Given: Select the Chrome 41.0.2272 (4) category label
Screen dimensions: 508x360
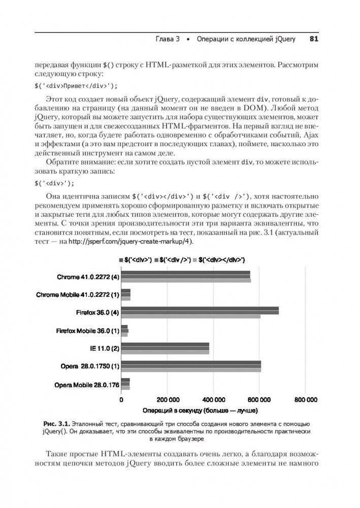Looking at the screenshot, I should click(88, 277).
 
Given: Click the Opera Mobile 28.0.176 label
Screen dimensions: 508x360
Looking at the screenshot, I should click(87, 385).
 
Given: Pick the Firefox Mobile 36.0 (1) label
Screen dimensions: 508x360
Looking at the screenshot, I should click(87, 330).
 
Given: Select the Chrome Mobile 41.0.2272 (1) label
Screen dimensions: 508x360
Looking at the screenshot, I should click(78, 294).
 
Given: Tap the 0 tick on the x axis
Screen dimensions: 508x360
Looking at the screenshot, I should click(121, 399).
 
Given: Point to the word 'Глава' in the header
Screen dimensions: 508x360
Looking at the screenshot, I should click(166, 39).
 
